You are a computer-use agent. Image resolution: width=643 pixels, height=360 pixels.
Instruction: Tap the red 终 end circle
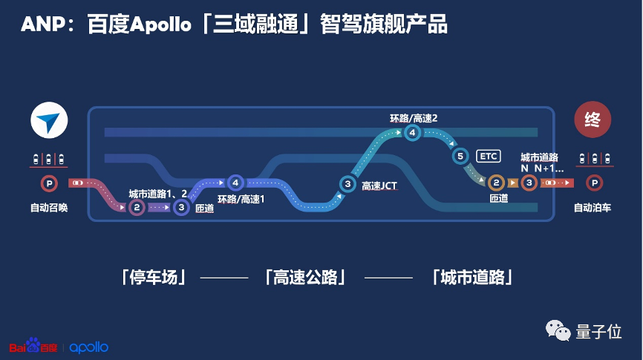(592, 120)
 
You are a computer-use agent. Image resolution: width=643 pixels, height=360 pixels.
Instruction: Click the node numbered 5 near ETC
(460, 156)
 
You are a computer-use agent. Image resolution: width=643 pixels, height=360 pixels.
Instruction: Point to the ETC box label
(489, 156)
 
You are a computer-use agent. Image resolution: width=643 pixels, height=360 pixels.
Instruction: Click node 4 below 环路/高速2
(413, 133)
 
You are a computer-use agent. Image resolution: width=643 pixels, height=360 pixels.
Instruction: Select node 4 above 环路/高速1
(235, 182)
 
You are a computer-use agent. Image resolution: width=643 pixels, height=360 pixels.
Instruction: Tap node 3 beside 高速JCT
(347, 183)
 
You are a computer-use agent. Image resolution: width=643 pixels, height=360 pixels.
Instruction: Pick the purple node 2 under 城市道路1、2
(137, 208)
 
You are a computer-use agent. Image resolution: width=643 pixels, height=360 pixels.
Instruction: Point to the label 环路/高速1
(241, 200)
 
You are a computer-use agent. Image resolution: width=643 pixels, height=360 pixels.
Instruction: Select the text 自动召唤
(50, 208)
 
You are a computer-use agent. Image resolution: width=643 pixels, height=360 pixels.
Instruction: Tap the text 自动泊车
(593, 208)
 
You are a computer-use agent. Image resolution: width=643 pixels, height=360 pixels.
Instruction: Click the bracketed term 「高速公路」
(305, 278)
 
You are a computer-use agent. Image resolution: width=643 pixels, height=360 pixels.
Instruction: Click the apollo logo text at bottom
(89, 347)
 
